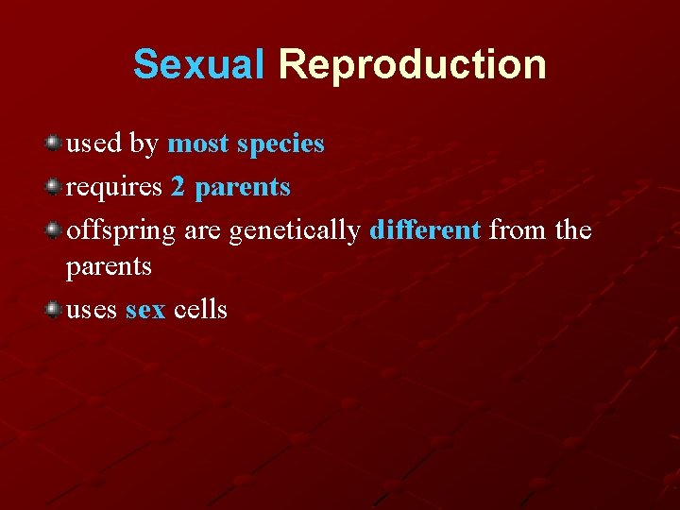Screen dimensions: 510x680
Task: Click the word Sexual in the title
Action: click(x=199, y=65)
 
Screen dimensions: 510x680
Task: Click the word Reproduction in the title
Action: click(x=412, y=65)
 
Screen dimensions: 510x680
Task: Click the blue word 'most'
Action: click(x=198, y=144)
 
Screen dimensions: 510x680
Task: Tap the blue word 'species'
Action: click(x=280, y=144)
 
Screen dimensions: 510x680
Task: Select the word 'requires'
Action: click(x=114, y=188)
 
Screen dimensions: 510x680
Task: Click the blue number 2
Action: click(x=178, y=187)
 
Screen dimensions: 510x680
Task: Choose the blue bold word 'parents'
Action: click(x=243, y=188)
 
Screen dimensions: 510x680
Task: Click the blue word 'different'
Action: click(x=426, y=230)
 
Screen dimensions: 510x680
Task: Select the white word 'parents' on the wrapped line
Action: click(x=109, y=267)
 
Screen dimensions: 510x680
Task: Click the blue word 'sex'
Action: click(x=144, y=310)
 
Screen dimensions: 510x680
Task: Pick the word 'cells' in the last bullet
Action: click(x=200, y=309)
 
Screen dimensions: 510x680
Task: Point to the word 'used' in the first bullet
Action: click(x=93, y=144)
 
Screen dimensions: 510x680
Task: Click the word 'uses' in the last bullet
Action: click(x=92, y=310)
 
